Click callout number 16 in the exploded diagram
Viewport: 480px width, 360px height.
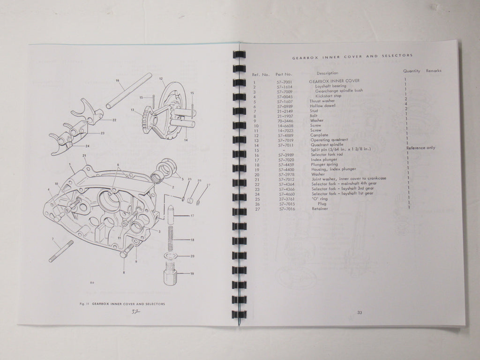118,81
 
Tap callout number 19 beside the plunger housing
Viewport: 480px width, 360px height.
192,273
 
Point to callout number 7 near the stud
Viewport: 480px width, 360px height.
53,239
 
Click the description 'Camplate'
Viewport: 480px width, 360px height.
320,135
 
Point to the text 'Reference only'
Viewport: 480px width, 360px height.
420,148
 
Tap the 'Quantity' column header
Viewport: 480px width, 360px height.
411,71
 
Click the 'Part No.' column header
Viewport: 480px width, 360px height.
284,74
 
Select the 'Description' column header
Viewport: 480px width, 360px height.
327,73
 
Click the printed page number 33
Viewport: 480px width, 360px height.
360,313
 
